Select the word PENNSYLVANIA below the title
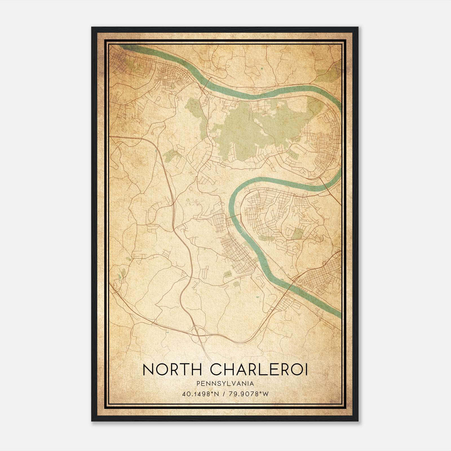click(x=225, y=384)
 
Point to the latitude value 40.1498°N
click(x=200, y=394)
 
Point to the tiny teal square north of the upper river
click(x=262, y=68)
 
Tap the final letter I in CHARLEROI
click(x=307, y=370)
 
